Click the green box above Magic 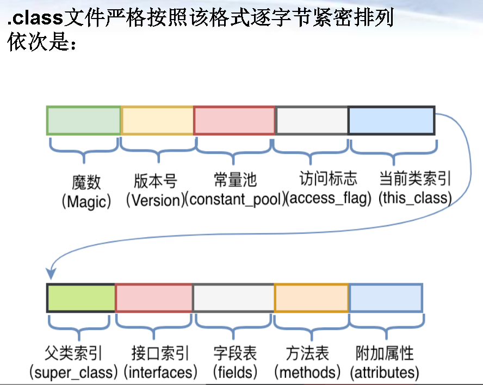click(83, 121)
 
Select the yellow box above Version click(157, 121)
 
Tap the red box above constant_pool click(234, 121)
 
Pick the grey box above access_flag click(311, 121)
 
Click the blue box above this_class click(391, 121)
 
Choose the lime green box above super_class click(81, 297)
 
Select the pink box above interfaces click(154, 297)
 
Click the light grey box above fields click(233, 297)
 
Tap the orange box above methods click(311, 297)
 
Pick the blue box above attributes click(386, 297)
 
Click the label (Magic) click(86, 202)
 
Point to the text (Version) click(155, 200)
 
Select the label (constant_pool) click(235, 200)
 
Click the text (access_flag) click(329, 198)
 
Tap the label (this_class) click(415, 198)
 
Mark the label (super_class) click(73, 372)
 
